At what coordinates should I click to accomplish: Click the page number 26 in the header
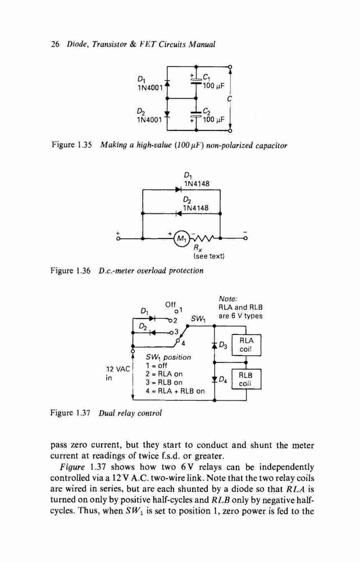[55, 44]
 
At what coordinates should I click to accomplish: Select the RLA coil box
[246, 345]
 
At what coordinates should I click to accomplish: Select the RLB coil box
[246, 379]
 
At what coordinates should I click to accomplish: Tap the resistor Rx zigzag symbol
[203, 238]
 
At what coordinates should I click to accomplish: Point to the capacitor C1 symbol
[195, 80]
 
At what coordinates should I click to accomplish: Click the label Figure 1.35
[72, 145]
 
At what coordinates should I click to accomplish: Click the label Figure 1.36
[71, 271]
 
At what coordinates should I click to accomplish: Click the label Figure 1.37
[71, 413]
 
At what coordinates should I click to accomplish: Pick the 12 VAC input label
[118, 373]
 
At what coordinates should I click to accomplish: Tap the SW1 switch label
[197, 318]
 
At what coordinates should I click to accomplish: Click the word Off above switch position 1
[171, 305]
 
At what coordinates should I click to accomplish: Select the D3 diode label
[223, 346]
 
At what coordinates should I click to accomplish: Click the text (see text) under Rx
[209, 256]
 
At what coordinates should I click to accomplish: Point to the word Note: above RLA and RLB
[228, 299]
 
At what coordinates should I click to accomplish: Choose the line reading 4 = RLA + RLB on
[175, 391]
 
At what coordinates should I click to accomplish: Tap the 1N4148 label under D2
[195, 208]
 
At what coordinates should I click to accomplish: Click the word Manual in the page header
[202, 44]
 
